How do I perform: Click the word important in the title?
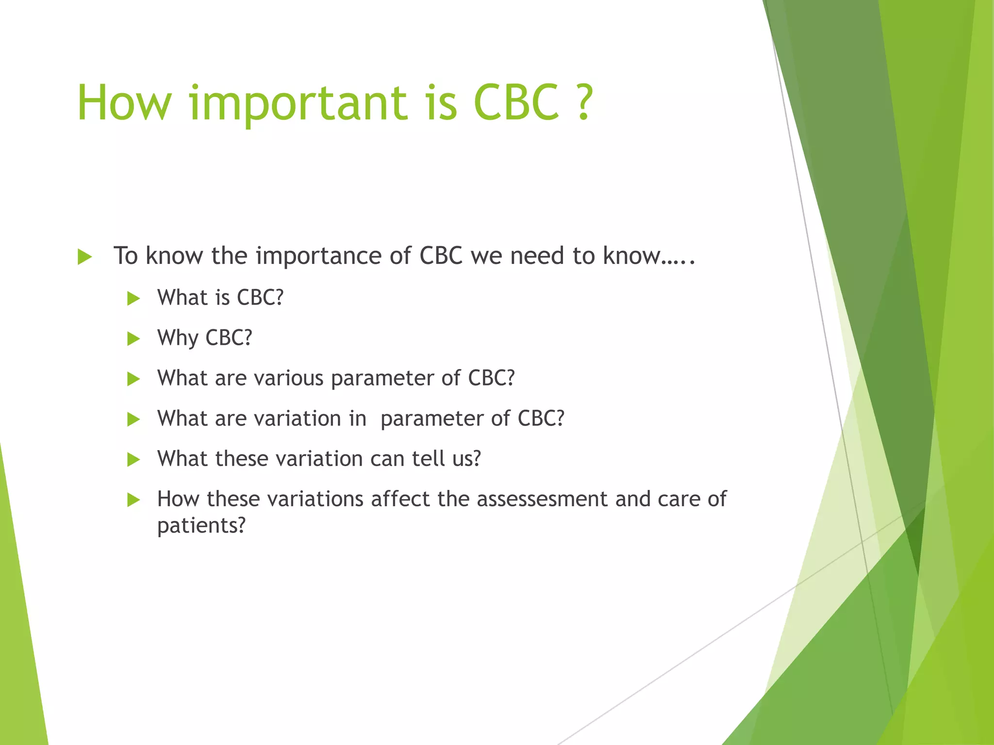tap(298, 103)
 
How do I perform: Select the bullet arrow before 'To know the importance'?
tap(84, 257)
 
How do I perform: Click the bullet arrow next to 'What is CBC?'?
tap(133, 298)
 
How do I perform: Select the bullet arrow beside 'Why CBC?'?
tap(133, 339)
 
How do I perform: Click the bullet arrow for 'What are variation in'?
tap(133, 419)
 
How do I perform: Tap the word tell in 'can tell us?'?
tap(428, 459)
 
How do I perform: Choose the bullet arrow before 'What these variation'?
tap(133, 459)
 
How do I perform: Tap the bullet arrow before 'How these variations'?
tap(133, 500)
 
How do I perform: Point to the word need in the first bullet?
tap(537, 256)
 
